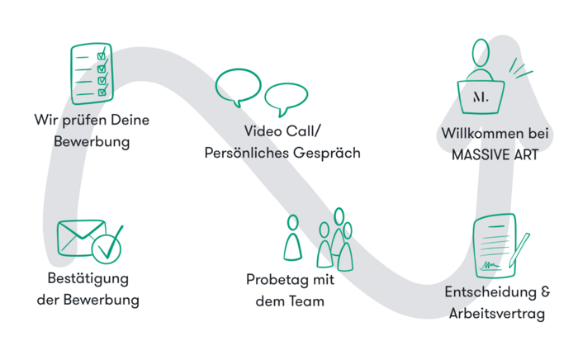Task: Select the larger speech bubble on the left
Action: pos(237,87)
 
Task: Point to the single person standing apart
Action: pos(292,239)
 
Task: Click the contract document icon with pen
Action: pos(495,247)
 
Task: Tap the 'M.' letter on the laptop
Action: pos(480,97)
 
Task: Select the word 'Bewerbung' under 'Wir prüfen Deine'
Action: pos(92,142)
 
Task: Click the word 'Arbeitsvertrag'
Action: pos(497,314)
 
